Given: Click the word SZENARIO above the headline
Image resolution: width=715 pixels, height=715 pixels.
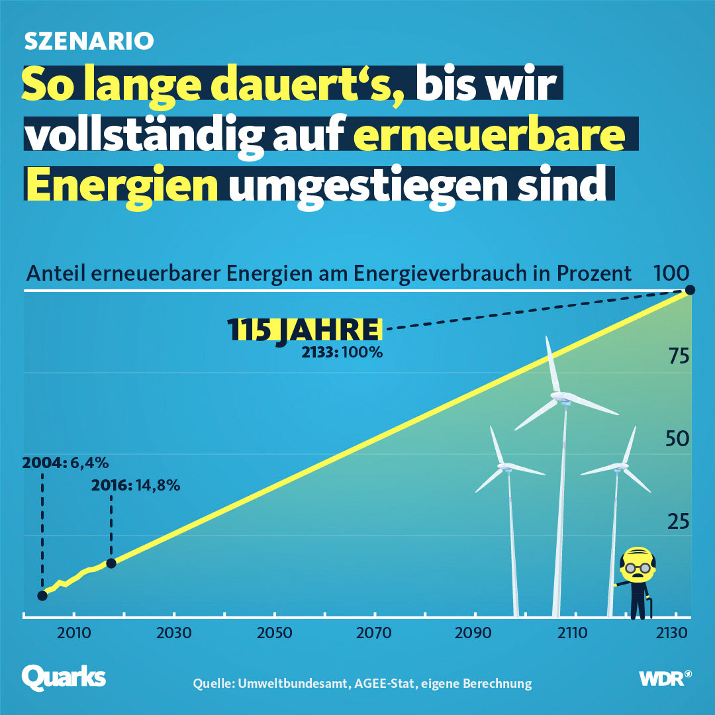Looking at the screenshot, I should click(x=89, y=41).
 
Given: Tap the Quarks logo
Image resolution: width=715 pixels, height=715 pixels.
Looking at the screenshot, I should click(x=64, y=677).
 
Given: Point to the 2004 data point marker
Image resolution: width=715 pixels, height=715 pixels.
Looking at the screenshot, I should click(x=42, y=595).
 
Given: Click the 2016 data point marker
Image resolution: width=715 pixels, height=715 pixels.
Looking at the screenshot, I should click(x=111, y=563).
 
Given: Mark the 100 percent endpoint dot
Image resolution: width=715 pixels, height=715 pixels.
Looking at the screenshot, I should click(x=690, y=289).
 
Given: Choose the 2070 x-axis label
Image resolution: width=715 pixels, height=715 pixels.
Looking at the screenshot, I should click(x=374, y=633).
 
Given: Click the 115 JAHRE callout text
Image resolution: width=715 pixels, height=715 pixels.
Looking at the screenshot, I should click(x=305, y=329).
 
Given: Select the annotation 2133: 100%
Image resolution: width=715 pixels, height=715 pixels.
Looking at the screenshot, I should click(x=342, y=352).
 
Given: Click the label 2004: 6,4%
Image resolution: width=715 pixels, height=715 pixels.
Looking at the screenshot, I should click(x=64, y=461).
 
